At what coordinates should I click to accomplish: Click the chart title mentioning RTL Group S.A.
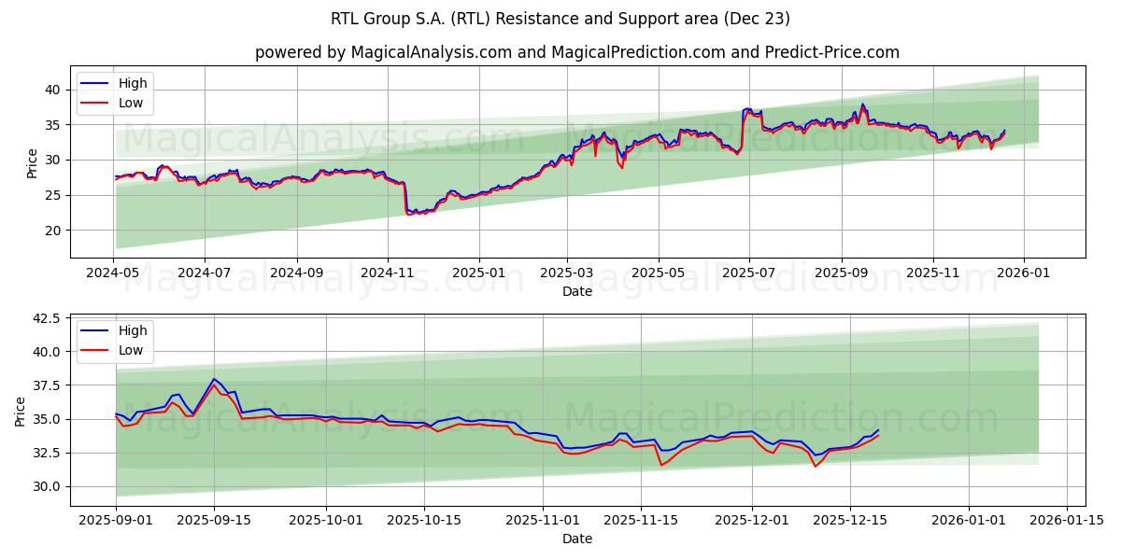pos(560,19)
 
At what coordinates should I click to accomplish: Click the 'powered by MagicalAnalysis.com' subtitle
pos(576,52)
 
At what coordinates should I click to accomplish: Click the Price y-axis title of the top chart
pos(33,163)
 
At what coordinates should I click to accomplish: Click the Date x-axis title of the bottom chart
pos(576,539)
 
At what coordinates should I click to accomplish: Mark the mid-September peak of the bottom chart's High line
pos(214,379)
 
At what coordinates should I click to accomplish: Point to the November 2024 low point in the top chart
pos(408,214)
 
